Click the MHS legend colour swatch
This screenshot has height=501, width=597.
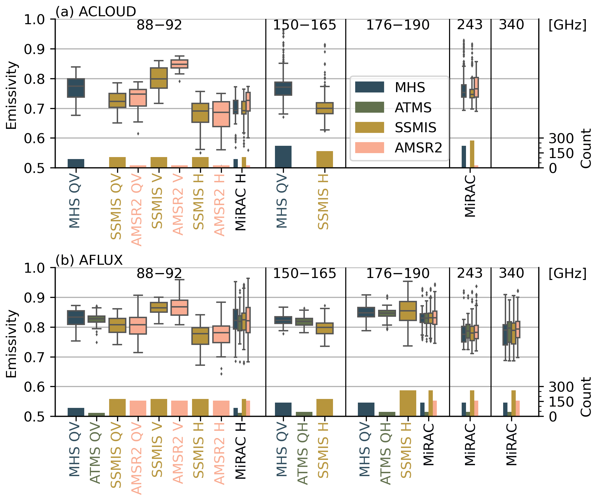(x=369, y=87)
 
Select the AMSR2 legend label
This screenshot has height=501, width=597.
(x=418, y=148)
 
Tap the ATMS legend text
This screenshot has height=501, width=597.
(x=413, y=108)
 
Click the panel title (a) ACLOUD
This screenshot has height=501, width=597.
(x=96, y=12)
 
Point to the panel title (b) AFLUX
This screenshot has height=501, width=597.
(x=89, y=260)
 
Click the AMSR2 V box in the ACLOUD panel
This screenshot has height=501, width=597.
(x=179, y=64)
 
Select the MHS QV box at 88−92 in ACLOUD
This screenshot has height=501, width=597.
(x=76, y=88)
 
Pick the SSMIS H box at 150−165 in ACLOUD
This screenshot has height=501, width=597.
(x=325, y=108)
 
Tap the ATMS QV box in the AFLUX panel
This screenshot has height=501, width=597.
(x=97, y=319)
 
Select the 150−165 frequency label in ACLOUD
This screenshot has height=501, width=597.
(x=304, y=25)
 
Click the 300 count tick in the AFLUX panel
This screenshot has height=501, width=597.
(x=561, y=387)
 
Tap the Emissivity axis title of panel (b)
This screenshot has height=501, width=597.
(x=12, y=344)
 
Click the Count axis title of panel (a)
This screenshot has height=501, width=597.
(x=586, y=148)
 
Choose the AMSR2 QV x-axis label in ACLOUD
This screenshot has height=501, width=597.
(x=137, y=210)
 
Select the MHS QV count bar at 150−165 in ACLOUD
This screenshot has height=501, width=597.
(x=283, y=157)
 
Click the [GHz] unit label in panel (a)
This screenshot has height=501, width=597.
(x=567, y=25)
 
